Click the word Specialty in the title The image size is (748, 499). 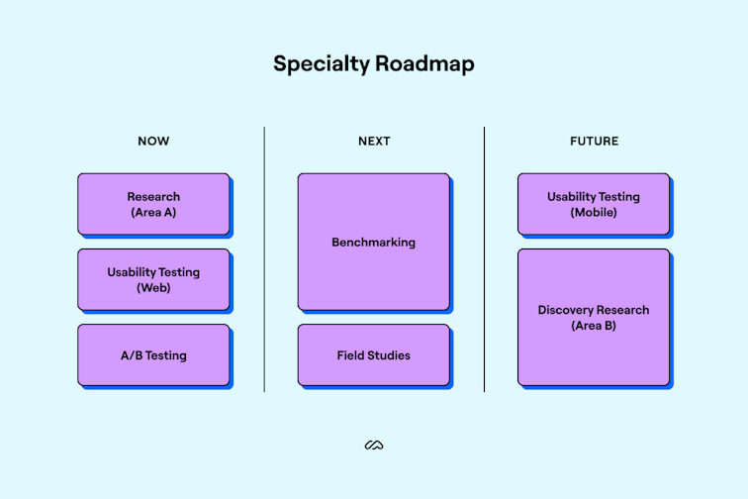point(321,64)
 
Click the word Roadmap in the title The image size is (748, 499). point(424,64)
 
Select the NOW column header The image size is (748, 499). point(153,142)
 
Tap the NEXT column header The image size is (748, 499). point(374,142)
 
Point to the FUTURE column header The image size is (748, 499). point(594,142)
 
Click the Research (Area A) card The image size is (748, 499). point(153,204)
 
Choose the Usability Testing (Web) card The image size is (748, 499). point(153,279)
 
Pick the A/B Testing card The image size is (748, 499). point(153,354)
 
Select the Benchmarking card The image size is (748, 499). point(374,242)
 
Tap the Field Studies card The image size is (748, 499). point(374,354)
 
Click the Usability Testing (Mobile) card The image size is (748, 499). point(594,204)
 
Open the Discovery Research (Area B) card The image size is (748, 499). point(594,317)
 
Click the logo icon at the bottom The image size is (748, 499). point(374,446)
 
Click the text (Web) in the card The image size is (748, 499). point(153,288)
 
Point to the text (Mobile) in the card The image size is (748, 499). point(594,213)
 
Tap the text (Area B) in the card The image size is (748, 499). point(594,326)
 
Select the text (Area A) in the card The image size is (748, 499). point(153,213)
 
